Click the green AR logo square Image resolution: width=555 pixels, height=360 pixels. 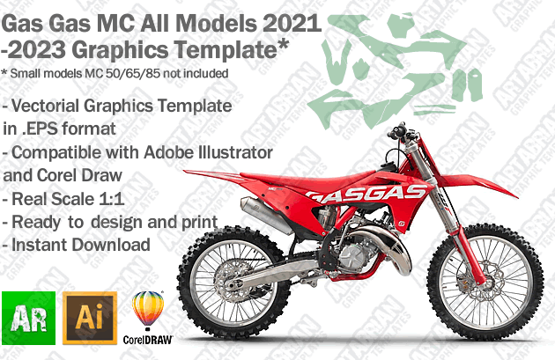(29, 318)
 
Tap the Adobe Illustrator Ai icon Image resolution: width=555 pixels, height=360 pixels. (90, 318)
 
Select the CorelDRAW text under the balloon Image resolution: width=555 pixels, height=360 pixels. (148, 340)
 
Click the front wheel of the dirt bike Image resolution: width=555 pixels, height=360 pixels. (485, 282)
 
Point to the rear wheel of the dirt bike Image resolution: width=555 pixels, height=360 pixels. (234, 283)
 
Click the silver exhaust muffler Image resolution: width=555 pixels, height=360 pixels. (266, 215)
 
